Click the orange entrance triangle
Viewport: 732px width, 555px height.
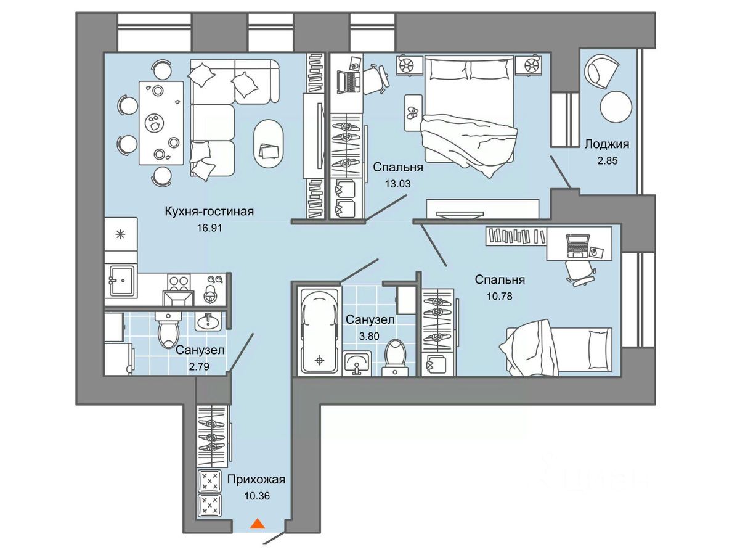(257, 524)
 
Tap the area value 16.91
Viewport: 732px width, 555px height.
(209, 228)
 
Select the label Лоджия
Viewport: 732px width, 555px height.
(607, 144)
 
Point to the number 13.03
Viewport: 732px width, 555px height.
(398, 184)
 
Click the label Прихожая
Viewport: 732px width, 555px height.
(256, 479)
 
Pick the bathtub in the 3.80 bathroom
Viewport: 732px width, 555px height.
(319, 331)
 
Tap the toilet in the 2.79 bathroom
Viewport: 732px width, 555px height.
(168, 329)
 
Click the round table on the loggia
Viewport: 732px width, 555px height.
(616, 107)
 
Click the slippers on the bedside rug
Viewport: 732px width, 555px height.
(413, 113)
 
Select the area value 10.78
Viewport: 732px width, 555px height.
(500, 296)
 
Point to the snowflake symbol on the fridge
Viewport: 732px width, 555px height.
(120, 234)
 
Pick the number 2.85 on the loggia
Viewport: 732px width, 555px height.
(608, 161)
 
